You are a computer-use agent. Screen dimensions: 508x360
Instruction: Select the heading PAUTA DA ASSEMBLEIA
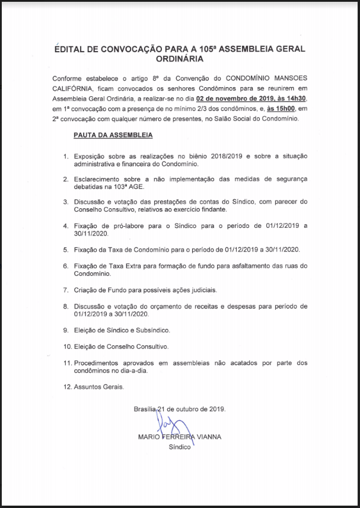pos(113,135)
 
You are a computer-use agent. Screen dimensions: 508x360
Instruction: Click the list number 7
pos(66,290)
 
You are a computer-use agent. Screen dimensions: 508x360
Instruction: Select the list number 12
pos(68,386)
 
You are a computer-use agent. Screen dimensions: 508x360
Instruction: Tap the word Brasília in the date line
pos(145,409)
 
